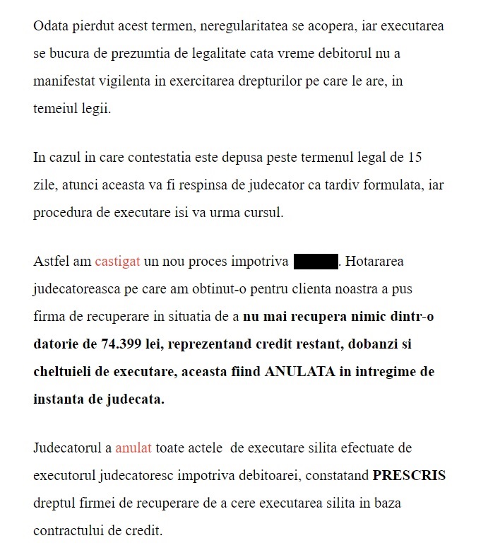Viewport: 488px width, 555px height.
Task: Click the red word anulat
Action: pyautogui.click(x=133, y=448)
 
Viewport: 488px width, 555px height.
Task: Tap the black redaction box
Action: pyautogui.click(x=315, y=262)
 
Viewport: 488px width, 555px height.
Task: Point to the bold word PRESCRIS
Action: pyautogui.click(x=409, y=476)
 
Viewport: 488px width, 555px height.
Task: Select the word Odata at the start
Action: pyautogui.click(x=51, y=26)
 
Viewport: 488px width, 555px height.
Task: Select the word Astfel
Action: pyautogui.click(x=51, y=262)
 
